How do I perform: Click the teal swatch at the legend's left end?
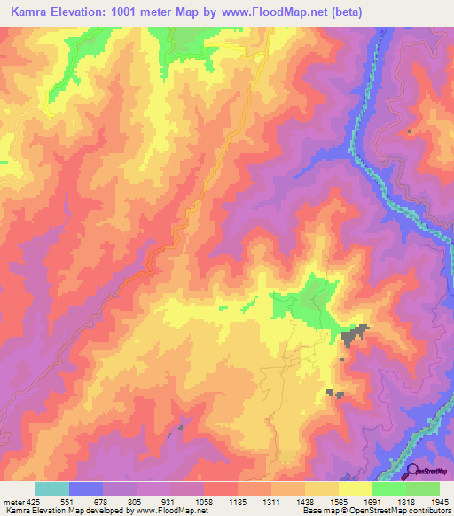52,489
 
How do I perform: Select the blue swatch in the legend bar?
86,489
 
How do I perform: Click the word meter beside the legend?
12,501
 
